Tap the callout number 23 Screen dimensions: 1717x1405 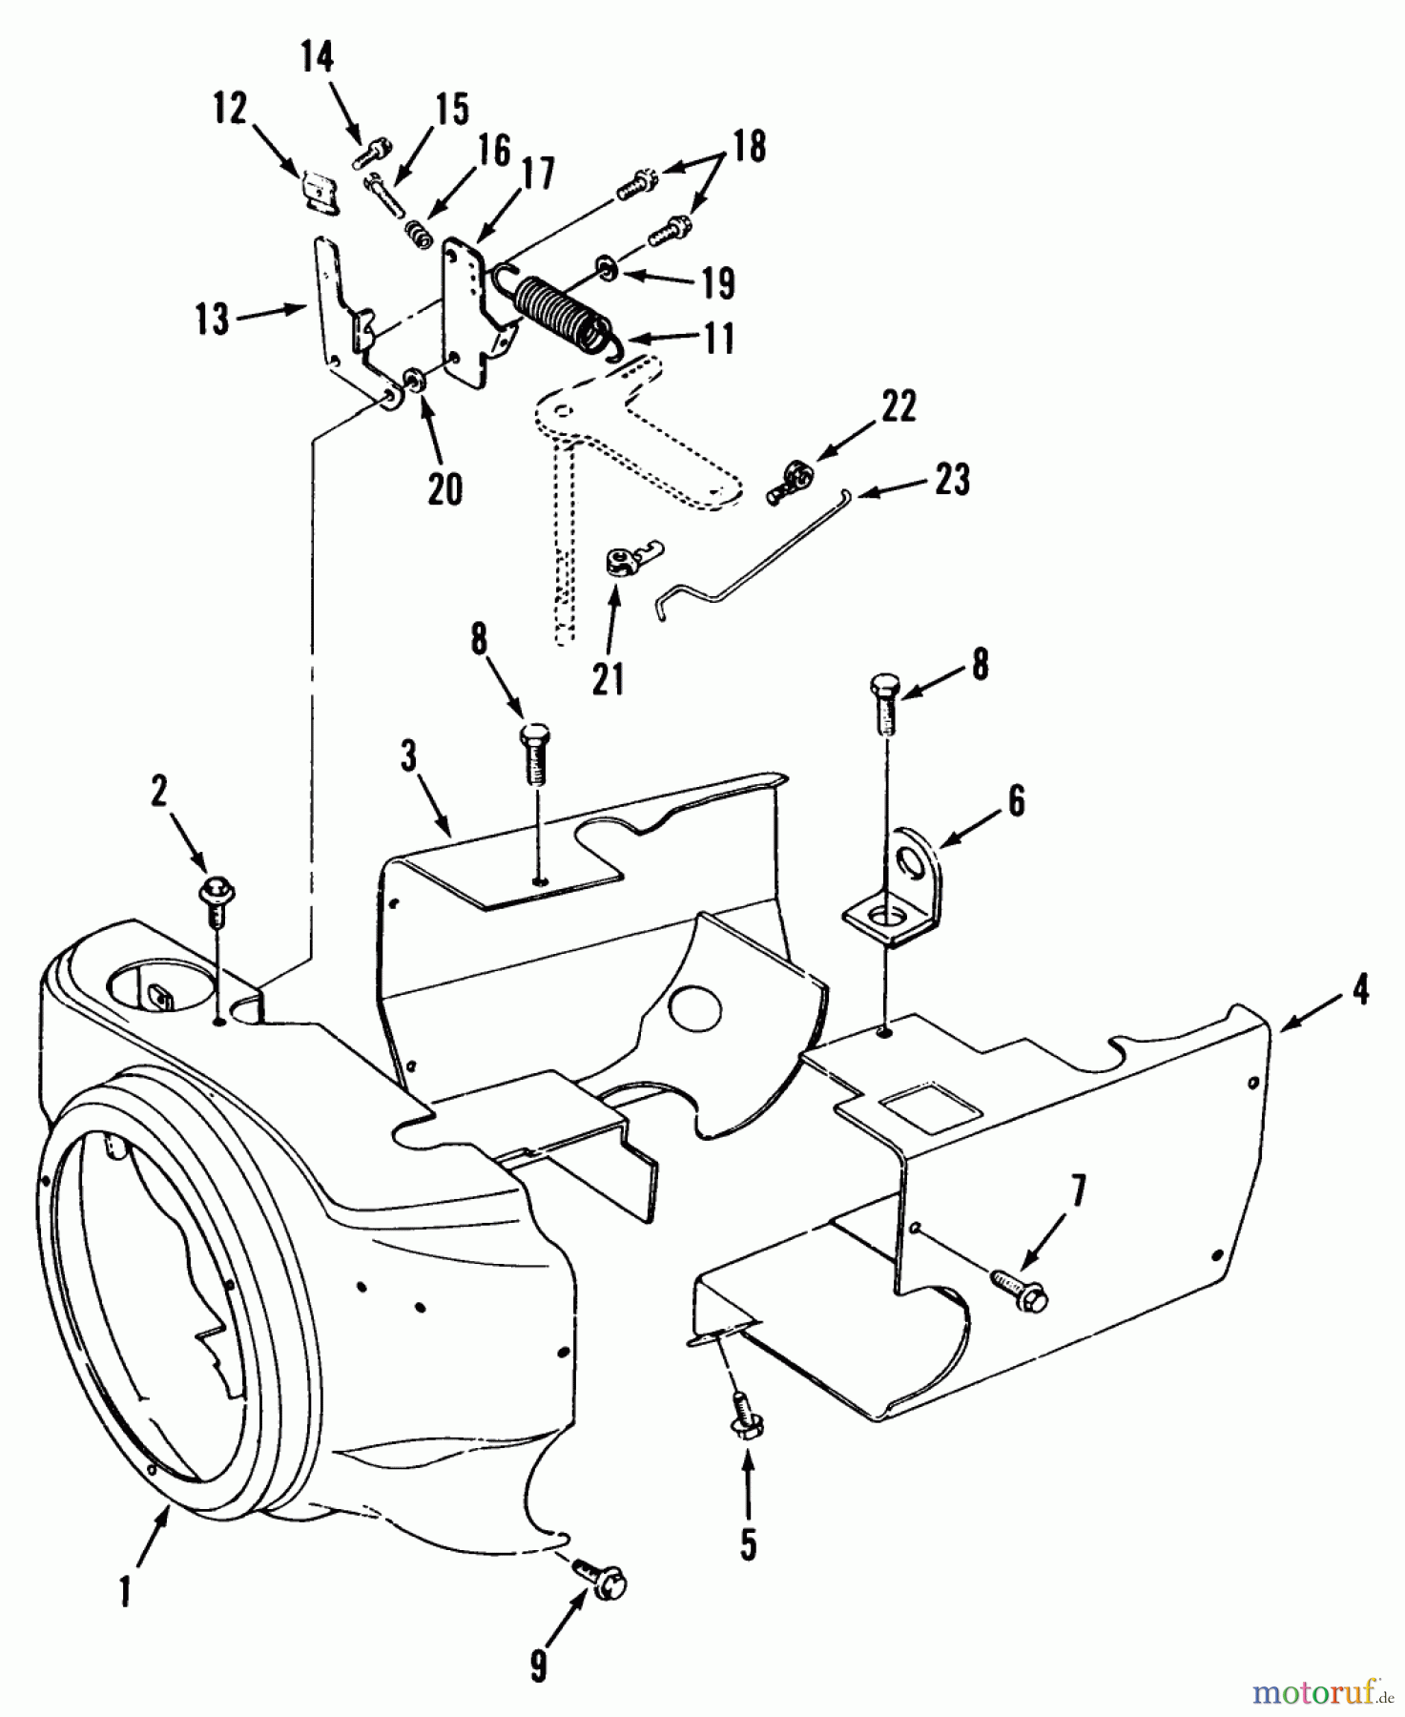952,479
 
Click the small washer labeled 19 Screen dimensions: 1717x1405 607,264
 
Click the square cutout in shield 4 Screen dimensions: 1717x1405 931,1111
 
